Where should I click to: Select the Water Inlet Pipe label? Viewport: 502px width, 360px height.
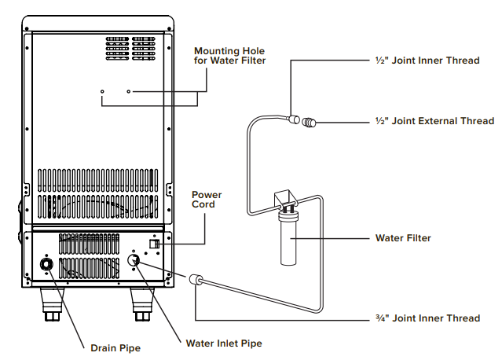tap(224, 343)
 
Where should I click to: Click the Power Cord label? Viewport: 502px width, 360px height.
tap(207, 200)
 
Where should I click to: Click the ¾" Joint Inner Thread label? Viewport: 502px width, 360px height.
tap(425, 318)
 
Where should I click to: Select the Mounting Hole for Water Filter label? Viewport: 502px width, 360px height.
tap(229, 56)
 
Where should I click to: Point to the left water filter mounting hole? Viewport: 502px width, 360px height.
tap(102, 92)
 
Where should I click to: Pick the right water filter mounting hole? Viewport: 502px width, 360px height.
tap(130, 92)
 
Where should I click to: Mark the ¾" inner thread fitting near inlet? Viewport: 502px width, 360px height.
tap(194, 279)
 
